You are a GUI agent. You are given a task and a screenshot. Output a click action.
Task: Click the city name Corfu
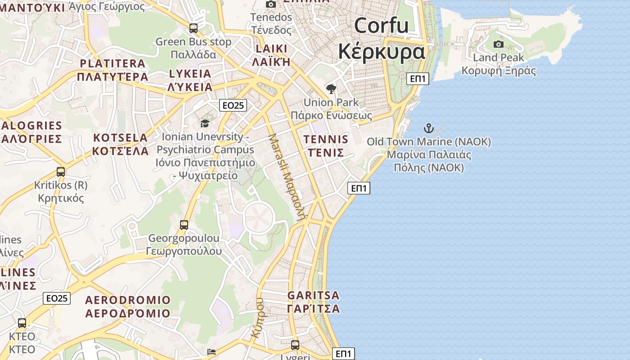click(x=381, y=26)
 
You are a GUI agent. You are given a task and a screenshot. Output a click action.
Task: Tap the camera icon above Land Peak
click(x=498, y=44)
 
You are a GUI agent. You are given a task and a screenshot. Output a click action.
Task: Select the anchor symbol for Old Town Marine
click(x=429, y=128)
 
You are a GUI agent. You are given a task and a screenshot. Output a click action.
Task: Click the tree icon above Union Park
click(x=331, y=89)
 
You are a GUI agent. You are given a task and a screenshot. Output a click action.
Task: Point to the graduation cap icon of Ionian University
click(x=205, y=123)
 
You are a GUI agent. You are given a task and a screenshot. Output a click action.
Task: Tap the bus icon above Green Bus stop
click(x=193, y=28)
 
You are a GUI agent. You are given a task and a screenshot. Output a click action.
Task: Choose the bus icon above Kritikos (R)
click(x=61, y=171)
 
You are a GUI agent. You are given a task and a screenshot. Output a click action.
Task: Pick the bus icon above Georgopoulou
click(x=184, y=225)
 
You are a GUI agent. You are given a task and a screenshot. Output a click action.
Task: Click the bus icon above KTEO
click(x=22, y=323)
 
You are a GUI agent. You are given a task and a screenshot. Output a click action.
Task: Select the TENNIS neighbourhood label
click(x=326, y=139)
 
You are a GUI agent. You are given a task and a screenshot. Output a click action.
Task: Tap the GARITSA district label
click(x=313, y=296)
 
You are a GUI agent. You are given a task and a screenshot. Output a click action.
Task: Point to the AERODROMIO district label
click(x=128, y=300)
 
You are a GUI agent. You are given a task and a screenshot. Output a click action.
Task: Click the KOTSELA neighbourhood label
click(x=120, y=138)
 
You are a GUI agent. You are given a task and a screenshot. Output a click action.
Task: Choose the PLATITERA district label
click(x=112, y=63)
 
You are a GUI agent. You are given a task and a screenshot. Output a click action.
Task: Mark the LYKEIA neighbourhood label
click(x=190, y=74)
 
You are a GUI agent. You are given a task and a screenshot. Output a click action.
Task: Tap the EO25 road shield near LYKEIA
click(x=233, y=105)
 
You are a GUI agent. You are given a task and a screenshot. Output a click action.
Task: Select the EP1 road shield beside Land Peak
click(x=418, y=79)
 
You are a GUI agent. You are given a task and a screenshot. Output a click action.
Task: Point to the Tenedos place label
click(x=271, y=18)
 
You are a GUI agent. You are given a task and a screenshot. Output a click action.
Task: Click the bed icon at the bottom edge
click(x=211, y=351)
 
